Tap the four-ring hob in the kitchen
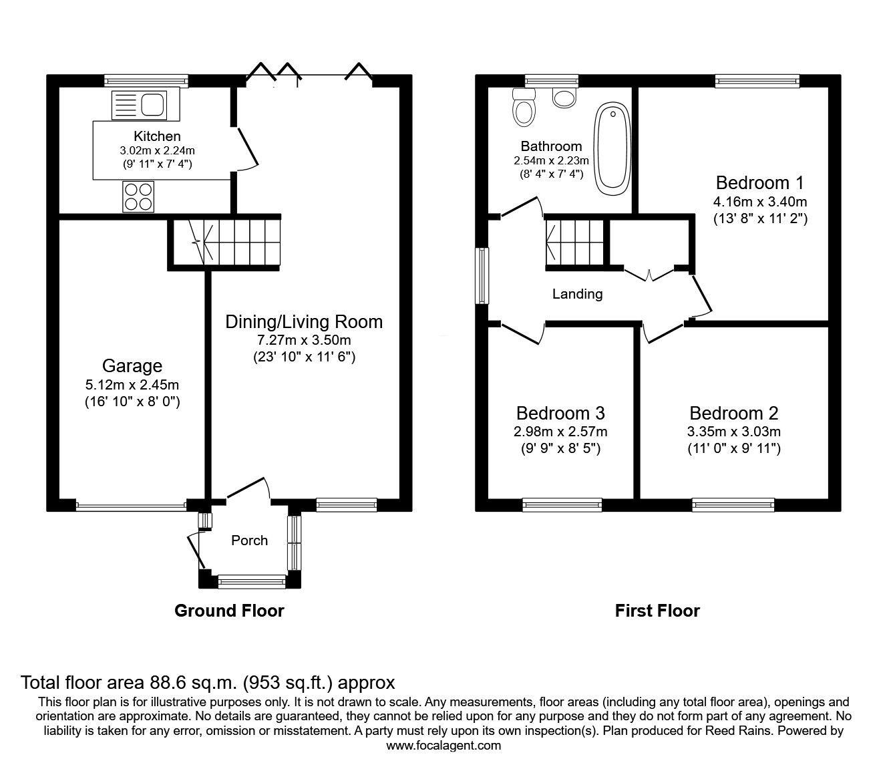138,196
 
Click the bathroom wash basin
564,98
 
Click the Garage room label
132,366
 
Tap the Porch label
249,540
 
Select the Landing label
577,294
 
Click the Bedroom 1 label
759,183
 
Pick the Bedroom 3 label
560,413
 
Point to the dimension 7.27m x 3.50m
304,340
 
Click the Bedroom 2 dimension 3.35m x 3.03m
734,432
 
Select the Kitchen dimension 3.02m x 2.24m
157,151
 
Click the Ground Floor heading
229,611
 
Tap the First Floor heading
657,611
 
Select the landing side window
482,276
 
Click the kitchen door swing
246,148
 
